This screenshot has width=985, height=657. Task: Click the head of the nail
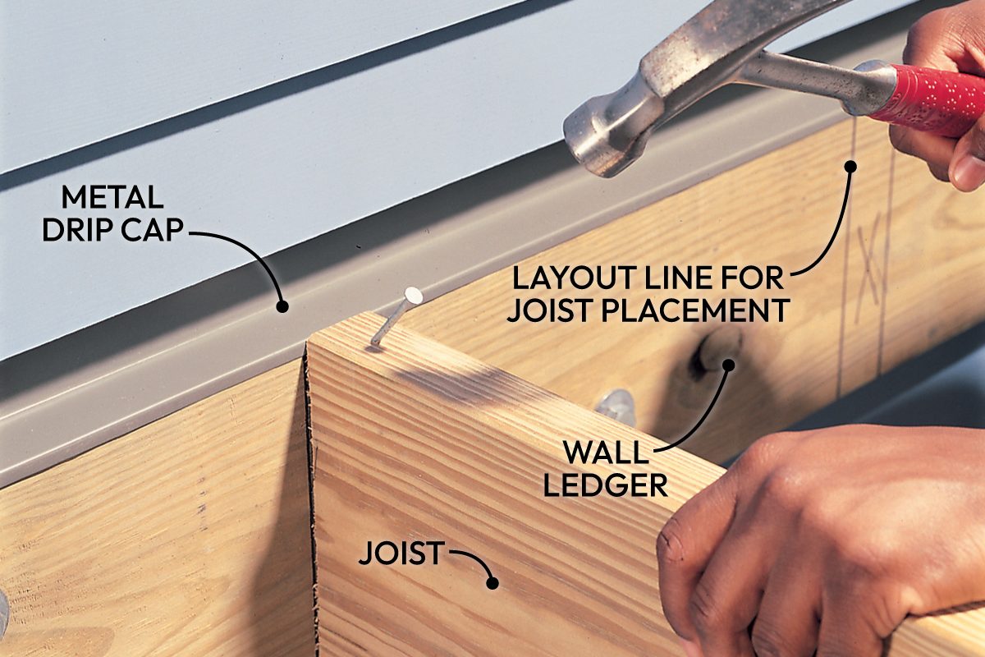coord(413,296)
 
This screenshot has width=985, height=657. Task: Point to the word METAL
coord(112,199)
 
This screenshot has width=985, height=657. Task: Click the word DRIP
coord(77,231)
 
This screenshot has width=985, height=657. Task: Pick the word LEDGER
coord(606,485)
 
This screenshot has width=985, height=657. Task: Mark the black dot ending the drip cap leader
coord(282,306)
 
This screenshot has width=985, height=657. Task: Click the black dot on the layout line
coord(850,166)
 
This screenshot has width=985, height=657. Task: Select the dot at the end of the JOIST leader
coord(492,583)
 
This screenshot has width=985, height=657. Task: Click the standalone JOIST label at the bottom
coord(400,554)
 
